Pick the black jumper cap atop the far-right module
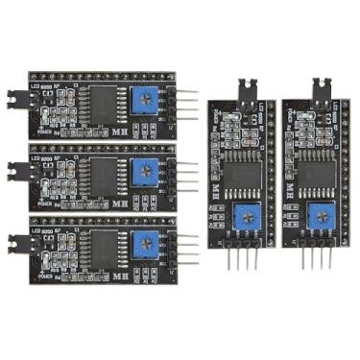(x=320, y=85)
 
